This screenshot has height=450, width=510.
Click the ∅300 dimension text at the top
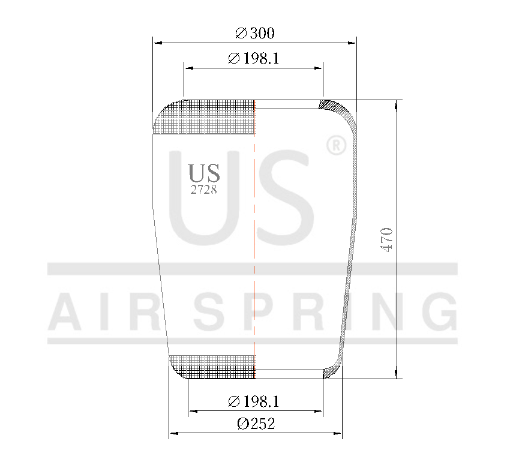click(255, 34)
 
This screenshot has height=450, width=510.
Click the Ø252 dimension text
click(256, 424)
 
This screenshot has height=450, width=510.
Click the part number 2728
click(203, 190)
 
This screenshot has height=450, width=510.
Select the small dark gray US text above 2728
click(204, 173)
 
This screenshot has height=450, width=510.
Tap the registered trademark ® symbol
click(335, 145)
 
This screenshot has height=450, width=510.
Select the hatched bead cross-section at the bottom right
click(329, 373)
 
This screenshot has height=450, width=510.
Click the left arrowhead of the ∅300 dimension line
click(157, 43)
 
